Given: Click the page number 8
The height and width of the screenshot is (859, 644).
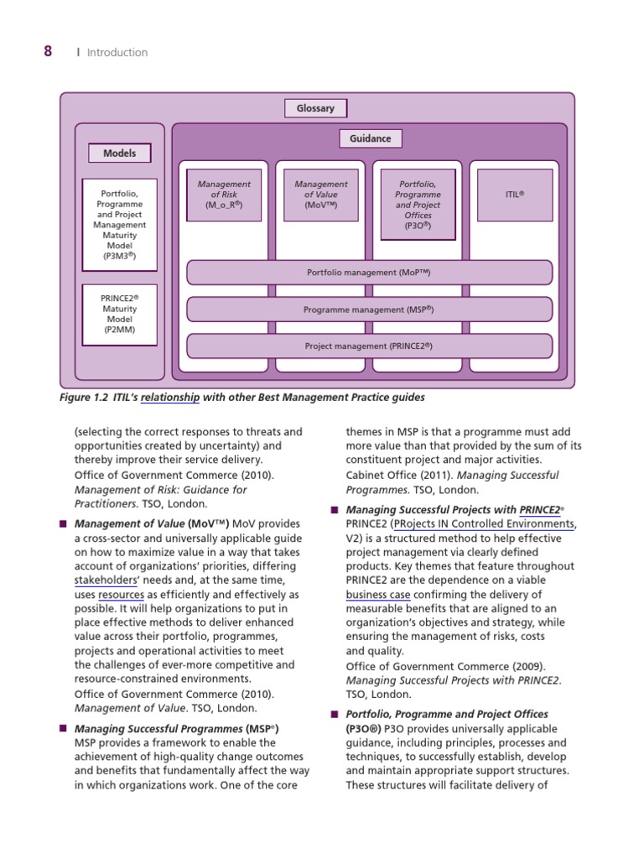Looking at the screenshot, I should pos(48,51).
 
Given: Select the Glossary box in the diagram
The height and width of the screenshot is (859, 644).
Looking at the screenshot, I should pos(315,108).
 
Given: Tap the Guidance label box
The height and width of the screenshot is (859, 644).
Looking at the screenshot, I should pos(370,138).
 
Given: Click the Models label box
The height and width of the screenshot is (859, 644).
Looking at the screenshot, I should pos(119,154).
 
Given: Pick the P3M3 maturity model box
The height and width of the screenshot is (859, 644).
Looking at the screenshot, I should pos(119,224).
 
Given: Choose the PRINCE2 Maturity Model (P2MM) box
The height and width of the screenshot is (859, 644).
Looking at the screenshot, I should pos(119,315).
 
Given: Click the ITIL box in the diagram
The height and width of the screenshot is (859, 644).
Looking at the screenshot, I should pos(515,195).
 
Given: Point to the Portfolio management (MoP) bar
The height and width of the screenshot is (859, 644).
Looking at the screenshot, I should pos(369,273).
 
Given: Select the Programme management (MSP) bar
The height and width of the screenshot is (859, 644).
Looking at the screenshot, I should pos(369,310).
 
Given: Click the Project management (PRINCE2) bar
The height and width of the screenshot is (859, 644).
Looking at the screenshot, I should pos(369,346).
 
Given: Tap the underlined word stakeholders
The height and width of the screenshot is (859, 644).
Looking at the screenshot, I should pos(103,580).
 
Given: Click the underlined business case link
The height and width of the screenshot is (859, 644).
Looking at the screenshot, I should pos(377,595).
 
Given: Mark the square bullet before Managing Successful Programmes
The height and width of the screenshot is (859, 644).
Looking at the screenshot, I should pos(62,728).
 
